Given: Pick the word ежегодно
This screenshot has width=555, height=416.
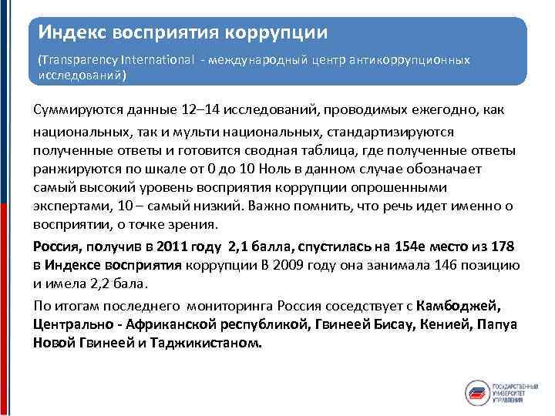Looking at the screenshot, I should pyautogui.click(x=431, y=110).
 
